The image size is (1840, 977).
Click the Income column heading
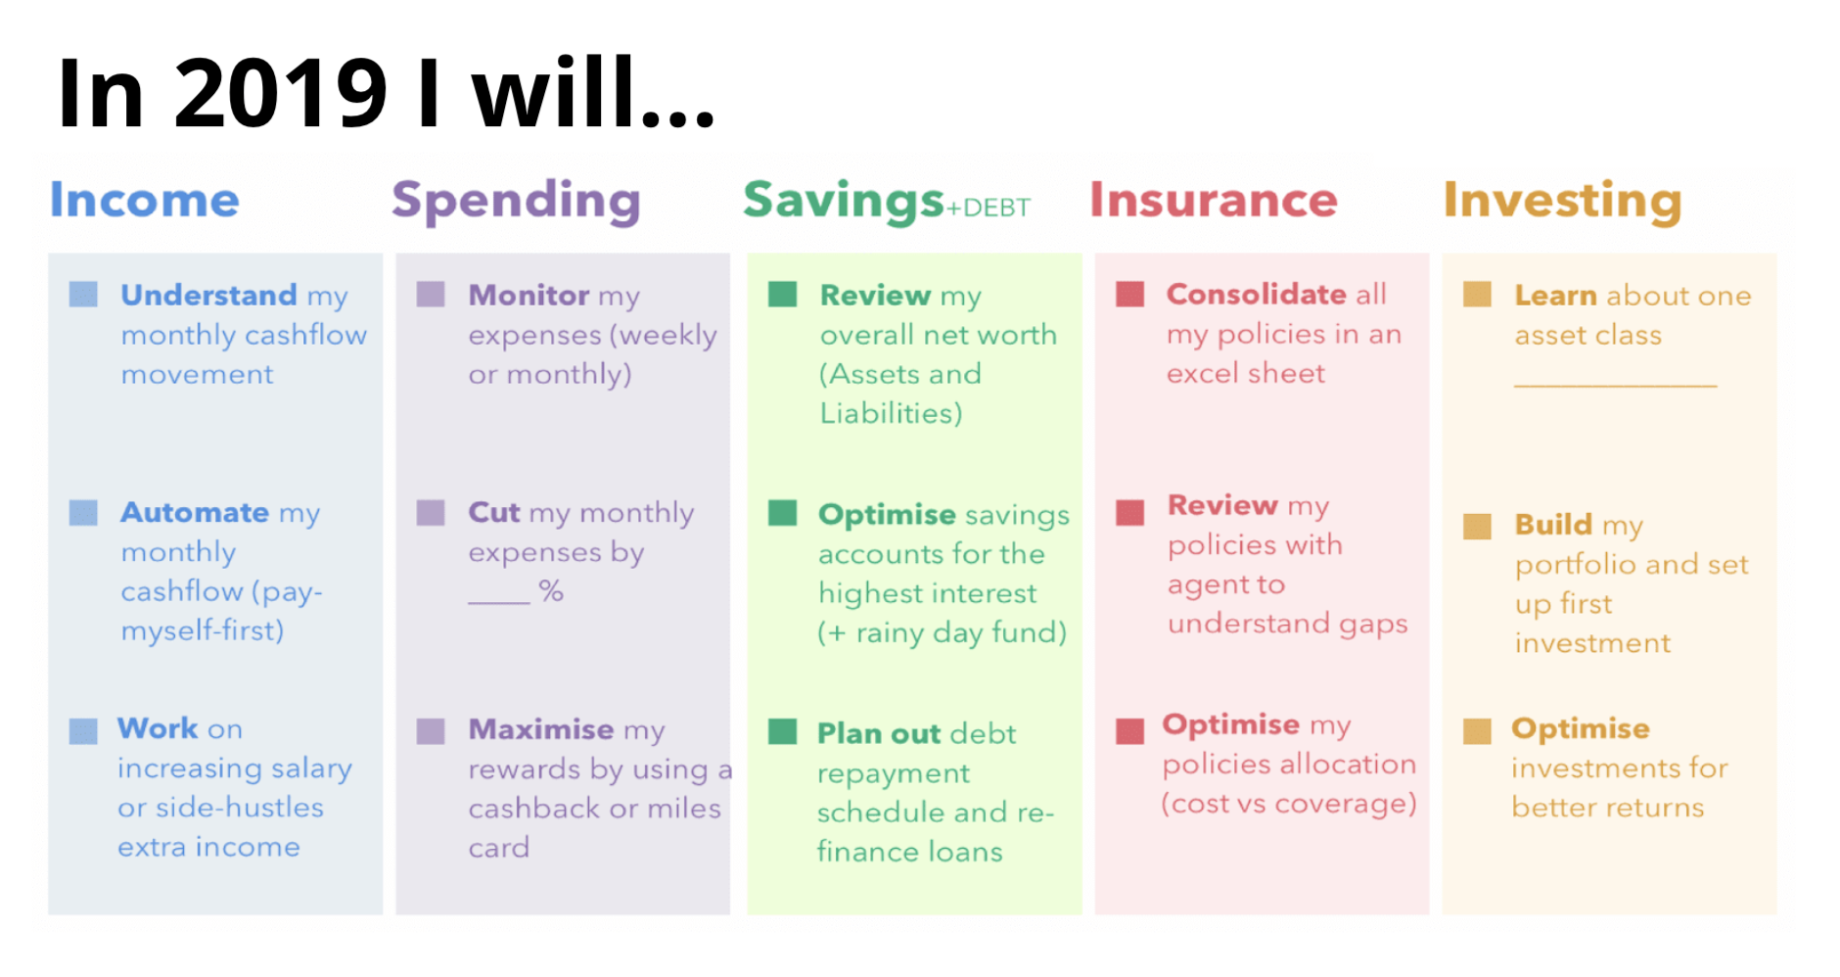point(145,200)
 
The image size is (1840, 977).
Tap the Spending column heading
point(516,202)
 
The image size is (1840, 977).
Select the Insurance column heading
point(1214,200)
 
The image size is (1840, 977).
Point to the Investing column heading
point(1562,202)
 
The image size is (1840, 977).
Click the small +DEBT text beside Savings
point(989,208)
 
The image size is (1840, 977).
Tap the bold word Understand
point(208,295)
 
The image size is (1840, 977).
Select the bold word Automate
point(195,512)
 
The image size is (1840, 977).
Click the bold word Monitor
point(529,295)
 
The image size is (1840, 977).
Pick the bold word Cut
point(494,512)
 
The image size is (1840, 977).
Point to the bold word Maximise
point(541,729)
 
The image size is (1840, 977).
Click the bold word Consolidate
point(1257,294)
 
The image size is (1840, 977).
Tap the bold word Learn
point(1555,295)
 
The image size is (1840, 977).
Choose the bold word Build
point(1553,525)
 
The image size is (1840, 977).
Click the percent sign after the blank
point(551,590)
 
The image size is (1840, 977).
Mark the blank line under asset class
point(1615,386)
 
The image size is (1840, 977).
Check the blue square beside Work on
point(83,730)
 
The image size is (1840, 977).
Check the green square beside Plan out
point(782,731)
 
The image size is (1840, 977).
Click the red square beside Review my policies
point(1129,512)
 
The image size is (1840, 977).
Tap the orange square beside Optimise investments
point(1477,730)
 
